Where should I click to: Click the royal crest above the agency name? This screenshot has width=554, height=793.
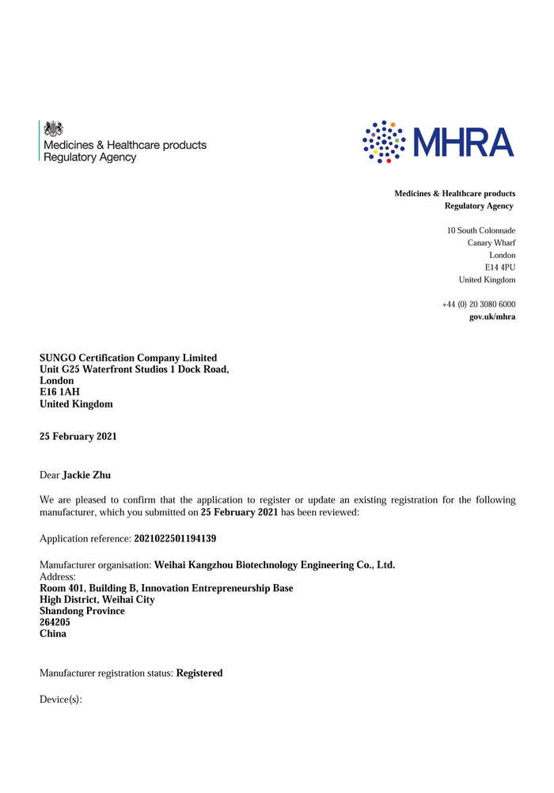pyautogui.click(x=53, y=128)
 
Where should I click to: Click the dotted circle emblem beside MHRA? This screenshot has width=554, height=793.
pyautogui.click(x=383, y=142)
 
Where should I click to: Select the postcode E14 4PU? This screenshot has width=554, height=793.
pyautogui.click(x=500, y=267)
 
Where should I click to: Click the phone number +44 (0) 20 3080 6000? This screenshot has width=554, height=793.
pyautogui.click(x=478, y=305)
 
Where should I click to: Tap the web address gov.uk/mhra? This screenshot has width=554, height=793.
pyautogui.click(x=492, y=317)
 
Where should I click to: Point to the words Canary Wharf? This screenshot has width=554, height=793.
pyautogui.click(x=491, y=243)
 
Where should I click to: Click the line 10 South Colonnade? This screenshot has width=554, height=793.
pyautogui.click(x=481, y=230)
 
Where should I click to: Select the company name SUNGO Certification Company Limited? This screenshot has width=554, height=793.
pyautogui.click(x=128, y=358)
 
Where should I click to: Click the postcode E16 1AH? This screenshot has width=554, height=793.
pyautogui.click(x=59, y=392)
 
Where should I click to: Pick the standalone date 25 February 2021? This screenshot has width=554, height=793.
pyautogui.click(x=78, y=436)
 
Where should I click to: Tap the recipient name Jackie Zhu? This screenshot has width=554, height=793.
pyautogui.click(x=86, y=475)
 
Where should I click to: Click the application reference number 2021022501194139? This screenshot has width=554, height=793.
pyautogui.click(x=175, y=538)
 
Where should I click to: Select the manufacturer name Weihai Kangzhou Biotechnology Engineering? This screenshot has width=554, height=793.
pyautogui.click(x=274, y=565)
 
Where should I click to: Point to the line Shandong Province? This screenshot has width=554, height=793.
pyautogui.click(x=82, y=611)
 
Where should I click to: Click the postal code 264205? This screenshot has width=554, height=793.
pyautogui.click(x=55, y=622)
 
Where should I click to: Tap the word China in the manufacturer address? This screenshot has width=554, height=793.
pyautogui.click(x=53, y=634)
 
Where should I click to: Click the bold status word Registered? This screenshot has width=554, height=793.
pyautogui.click(x=199, y=673)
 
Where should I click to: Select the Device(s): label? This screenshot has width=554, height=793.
pyautogui.click(x=61, y=700)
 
